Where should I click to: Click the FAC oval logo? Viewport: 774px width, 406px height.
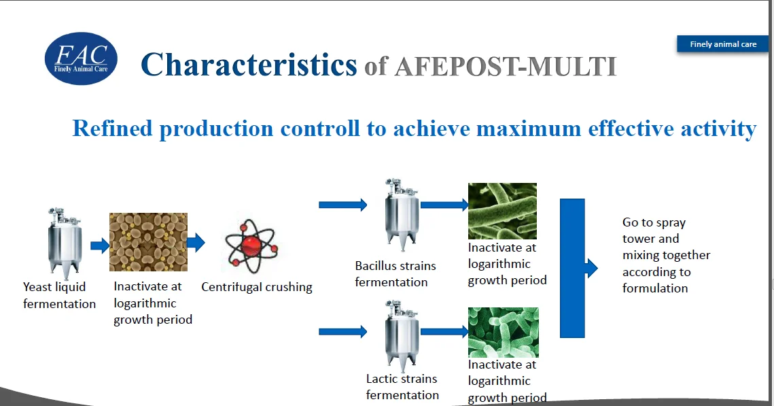click(x=81, y=58)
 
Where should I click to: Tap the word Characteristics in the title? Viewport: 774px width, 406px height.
click(x=249, y=65)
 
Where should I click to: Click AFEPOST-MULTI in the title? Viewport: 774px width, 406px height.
click(x=506, y=67)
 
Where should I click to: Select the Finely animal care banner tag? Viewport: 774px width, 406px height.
click(x=722, y=44)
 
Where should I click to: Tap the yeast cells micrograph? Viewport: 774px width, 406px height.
click(x=149, y=242)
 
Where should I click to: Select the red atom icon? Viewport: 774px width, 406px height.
click(x=251, y=246)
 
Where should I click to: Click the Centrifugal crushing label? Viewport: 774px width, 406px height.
click(x=257, y=287)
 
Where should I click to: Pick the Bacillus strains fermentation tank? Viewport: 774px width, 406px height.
click(x=402, y=214)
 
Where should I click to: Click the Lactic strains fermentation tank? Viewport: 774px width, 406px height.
click(x=402, y=335)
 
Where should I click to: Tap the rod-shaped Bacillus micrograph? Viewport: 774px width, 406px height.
click(x=502, y=212)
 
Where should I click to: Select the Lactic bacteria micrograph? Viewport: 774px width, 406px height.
click(x=504, y=333)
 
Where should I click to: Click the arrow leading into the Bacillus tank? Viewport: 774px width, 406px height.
click(x=343, y=205)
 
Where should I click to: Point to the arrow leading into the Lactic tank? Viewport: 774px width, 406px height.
click(x=343, y=331)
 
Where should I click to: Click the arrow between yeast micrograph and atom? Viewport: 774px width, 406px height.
click(x=196, y=243)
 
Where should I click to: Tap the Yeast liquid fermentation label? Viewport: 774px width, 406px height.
click(x=59, y=295)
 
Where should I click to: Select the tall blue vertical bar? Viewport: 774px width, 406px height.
click(x=573, y=268)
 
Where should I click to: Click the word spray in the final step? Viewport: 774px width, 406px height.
click(x=671, y=223)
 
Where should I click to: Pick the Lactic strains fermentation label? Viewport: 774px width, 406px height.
click(x=402, y=387)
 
